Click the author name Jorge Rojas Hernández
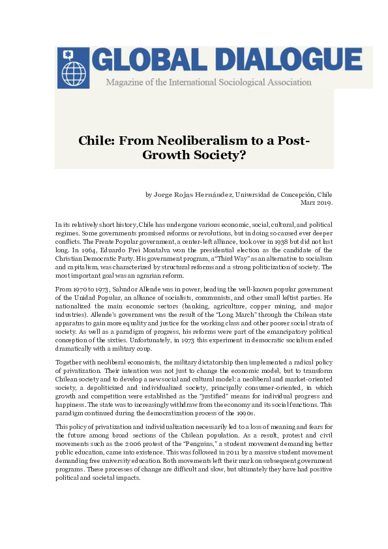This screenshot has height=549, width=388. tap(192, 194)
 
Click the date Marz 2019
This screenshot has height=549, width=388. tap(316, 202)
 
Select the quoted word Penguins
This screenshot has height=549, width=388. tap(206, 443)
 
